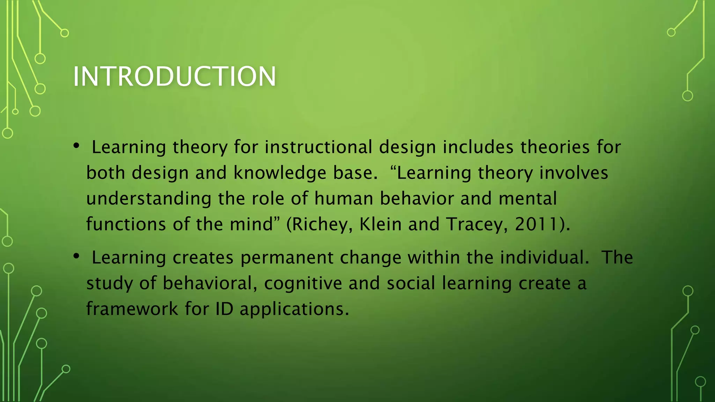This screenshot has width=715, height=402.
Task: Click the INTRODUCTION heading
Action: (175, 76)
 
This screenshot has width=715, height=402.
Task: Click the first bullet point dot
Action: (76, 146)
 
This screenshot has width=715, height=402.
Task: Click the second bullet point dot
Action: (76, 256)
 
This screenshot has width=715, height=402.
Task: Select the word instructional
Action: (318, 147)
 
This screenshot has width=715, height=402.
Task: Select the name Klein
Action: (381, 224)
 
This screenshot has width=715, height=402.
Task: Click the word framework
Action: (132, 309)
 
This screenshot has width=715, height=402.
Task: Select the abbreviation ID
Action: (224, 309)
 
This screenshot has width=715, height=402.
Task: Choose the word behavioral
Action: (207, 283)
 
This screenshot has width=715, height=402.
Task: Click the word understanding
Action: (149, 199)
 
